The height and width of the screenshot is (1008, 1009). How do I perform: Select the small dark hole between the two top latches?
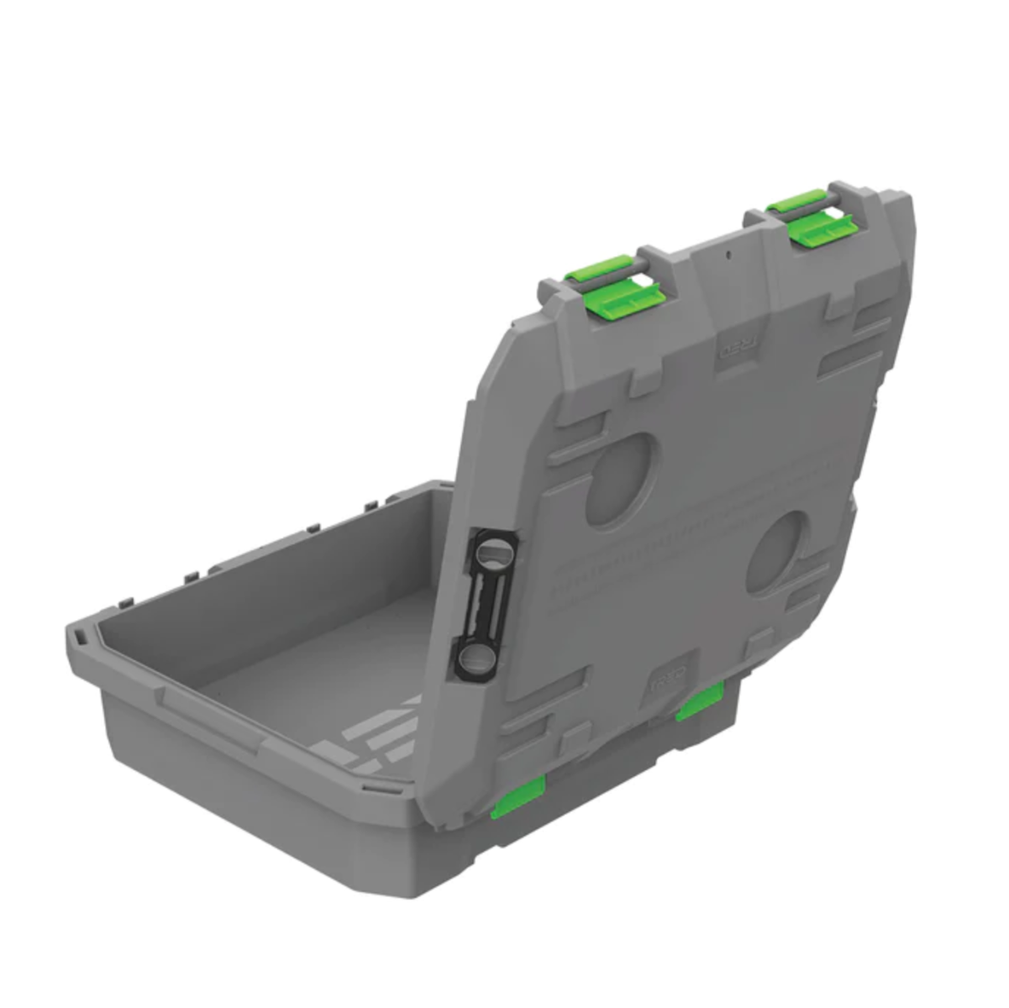pos(728,252)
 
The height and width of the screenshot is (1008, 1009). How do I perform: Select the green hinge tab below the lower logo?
pos(700,701)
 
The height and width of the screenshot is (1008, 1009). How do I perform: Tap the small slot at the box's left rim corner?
pos(81,639)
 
